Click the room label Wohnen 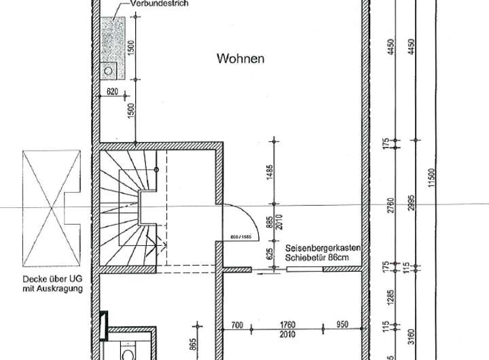click(x=240, y=58)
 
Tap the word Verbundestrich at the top click(x=155, y=3)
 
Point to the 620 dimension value click(x=113, y=91)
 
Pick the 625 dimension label click(x=270, y=255)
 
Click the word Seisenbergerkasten click(x=322, y=249)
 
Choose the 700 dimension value click(x=236, y=324)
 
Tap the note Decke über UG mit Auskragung click(x=52, y=283)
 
